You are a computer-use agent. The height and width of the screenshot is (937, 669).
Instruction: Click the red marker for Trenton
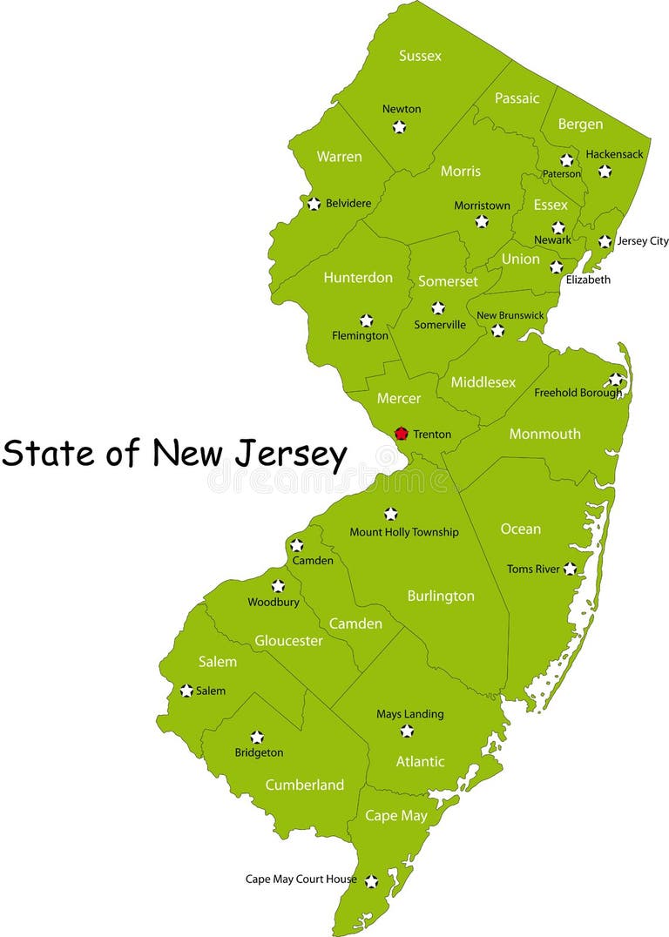[x=402, y=433]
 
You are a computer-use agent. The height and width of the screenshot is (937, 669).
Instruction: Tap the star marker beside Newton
[x=399, y=127]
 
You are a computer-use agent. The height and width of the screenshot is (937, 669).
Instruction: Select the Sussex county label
[x=420, y=56]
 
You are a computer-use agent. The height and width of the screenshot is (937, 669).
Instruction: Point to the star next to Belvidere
[x=314, y=204]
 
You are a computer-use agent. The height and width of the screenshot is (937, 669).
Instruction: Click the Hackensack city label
[x=614, y=154]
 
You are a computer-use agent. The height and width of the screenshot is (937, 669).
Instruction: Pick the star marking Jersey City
[x=605, y=241]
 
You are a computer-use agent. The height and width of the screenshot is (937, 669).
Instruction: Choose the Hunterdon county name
[x=358, y=278]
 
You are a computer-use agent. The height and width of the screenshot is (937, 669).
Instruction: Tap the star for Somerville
[x=438, y=308]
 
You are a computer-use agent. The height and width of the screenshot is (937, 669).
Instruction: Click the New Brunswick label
[x=510, y=315]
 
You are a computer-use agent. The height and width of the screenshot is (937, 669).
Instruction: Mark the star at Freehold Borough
[x=616, y=380]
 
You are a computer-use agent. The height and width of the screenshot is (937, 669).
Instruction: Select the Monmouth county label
[x=544, y=434]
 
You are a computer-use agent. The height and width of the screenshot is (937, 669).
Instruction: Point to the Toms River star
[x=570, y=569]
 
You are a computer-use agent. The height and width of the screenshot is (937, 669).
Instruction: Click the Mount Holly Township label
[x=403, y=532]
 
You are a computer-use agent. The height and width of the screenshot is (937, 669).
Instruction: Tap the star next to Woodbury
[x=278, y=586]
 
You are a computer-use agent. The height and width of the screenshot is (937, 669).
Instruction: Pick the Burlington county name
[x=441, y=597]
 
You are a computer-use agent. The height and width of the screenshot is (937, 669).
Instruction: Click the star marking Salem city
[x=186, y=691]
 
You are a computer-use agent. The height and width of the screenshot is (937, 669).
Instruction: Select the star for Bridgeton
[x=257, y=738]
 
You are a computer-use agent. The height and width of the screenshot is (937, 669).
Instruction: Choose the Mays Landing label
[x=409, y=714]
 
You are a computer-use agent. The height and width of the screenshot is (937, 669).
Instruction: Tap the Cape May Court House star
[x=371, y=881]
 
